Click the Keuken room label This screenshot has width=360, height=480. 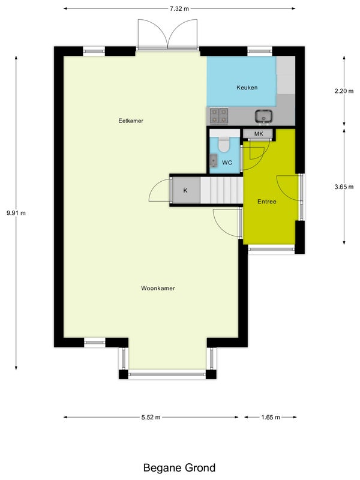click(x=247, y=88)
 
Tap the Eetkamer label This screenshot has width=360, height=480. click(x=131, y=121)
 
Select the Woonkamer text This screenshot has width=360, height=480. click(x=158, y=288)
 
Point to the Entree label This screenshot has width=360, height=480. click(x=266, y=202)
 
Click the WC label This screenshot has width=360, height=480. click(x=227, y=163)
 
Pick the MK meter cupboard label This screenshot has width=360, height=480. click(x=259, y=134)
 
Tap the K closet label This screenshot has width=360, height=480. click(x=185, y=190)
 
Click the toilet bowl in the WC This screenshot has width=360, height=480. click(x=224, y=145)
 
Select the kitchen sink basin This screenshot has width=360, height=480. click(x=263, y=116)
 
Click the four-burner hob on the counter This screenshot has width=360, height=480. click(x=219, y=116)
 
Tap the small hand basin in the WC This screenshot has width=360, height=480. click(x=214, y=160)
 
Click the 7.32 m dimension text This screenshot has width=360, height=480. click(x=179, y=8)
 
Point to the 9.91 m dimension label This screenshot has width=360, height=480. click(x=16, y=213)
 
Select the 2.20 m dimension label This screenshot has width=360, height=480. click(x=344, y=91)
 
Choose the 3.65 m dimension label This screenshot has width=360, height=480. click(x=344, y=187)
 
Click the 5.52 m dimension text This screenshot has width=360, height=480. click(x=151, y=417)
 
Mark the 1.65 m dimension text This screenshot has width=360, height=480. click(x=271, y=417)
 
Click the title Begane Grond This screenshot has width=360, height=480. click(x=179, y=468)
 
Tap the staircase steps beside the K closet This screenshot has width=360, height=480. click(x=221, y=190)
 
